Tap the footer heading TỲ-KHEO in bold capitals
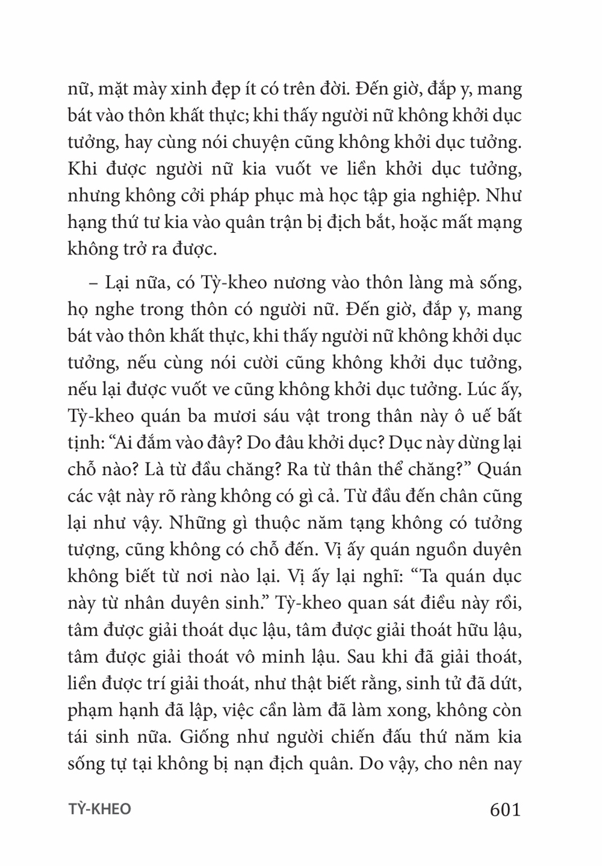click(x=99, y=809)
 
